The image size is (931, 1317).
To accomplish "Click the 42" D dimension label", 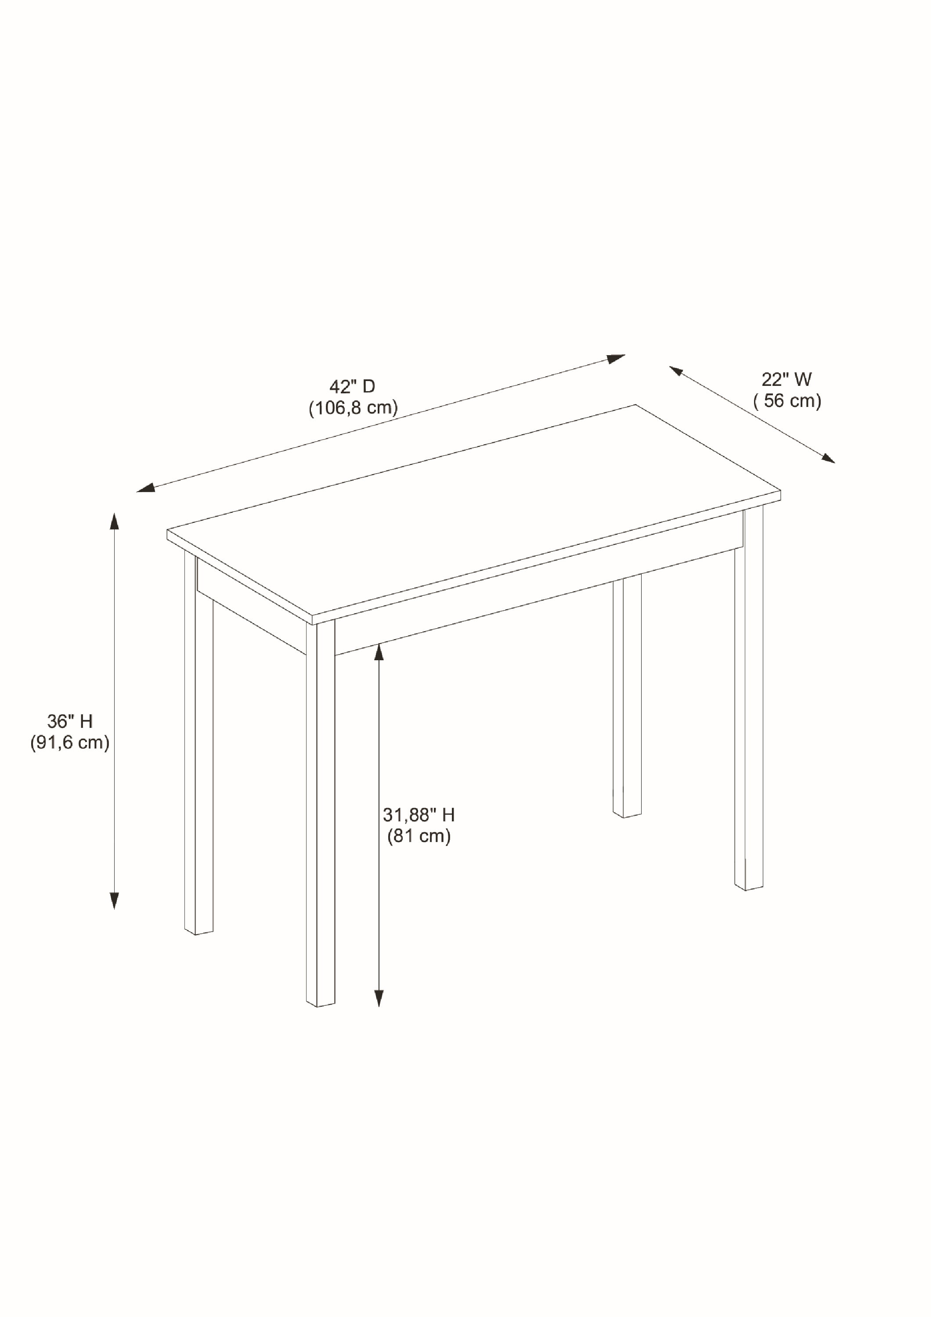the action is coord(352,387).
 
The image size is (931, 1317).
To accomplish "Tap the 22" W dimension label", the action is coord(787,379).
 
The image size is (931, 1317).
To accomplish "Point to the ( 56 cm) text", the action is coord(787,400).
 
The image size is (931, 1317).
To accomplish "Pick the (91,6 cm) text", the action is coord(70,742).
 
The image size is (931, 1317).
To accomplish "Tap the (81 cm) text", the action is coord(419,836).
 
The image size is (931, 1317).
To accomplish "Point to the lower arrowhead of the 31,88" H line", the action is coord(379,999).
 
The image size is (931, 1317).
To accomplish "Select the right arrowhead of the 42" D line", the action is coord(617,359).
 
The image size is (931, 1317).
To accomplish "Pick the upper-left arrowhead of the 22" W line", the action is coord(676,371).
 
